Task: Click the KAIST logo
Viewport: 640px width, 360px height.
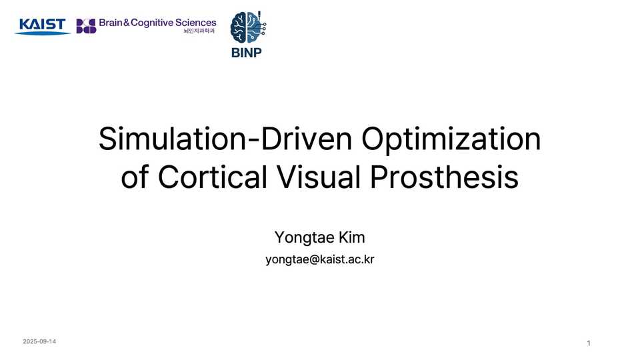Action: click(x=43, y=26)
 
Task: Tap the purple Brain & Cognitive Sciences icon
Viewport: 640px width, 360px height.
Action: click(x=86, y=26)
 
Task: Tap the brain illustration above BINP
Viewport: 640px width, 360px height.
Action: click(x=248, y=28)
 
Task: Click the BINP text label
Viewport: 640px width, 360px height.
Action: click(x=247, y=53)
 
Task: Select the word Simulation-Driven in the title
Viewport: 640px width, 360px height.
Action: click(x=224, y=139)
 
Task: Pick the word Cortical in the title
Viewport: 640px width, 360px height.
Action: click(x=211, y=177)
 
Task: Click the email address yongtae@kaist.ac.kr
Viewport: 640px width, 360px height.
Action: click(x=320, y=259)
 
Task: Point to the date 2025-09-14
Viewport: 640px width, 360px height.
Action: click(x=39, y=341)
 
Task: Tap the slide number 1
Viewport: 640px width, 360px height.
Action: click(x=589, y=343)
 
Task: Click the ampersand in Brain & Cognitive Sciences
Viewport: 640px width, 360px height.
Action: click(x=125, y=23)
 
